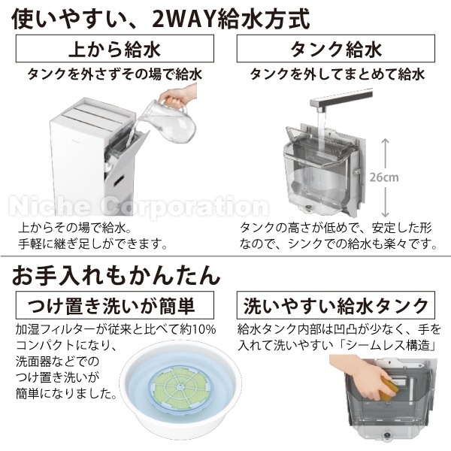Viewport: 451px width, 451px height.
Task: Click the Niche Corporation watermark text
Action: (135, 204)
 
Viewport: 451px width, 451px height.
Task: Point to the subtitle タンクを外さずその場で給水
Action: (114, 74)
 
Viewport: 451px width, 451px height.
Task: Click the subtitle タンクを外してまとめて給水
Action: (336, 74)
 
